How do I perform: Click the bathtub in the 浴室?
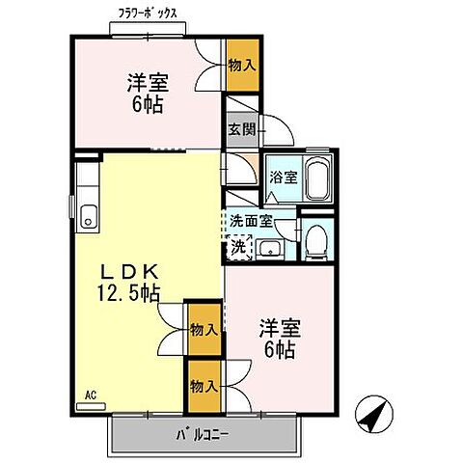[x=317, y=180]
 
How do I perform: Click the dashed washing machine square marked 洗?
[x=239, y=247]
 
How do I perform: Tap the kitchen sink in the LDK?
[x=89, y=217]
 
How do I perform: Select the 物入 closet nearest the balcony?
[x=203, y=387]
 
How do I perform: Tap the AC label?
[x=91, y=395]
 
